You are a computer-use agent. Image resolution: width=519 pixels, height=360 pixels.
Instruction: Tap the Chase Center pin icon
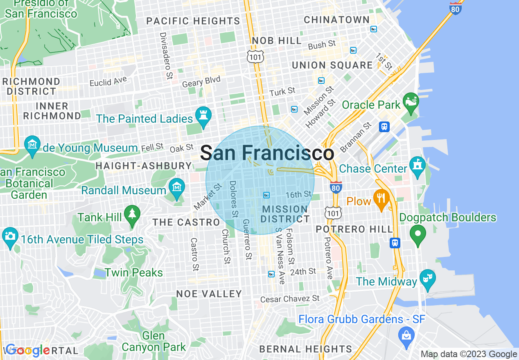pos(417,166)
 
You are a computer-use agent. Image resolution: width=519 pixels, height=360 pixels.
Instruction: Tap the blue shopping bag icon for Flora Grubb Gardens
pos(406,336)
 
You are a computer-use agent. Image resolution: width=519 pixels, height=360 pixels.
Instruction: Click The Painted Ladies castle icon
pos(203,116)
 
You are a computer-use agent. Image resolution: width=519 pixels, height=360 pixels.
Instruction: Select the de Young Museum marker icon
pos(32,145)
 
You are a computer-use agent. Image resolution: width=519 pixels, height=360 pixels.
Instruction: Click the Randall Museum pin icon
pos(176,188)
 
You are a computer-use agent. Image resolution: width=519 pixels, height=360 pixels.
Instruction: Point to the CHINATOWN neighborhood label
pos(336,20)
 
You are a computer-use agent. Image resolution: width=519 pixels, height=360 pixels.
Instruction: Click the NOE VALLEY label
pos(209,294)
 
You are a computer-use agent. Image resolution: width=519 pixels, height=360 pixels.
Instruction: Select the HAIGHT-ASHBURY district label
pos(143,166)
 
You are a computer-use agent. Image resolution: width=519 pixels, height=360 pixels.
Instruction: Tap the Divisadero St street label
pos(166,56)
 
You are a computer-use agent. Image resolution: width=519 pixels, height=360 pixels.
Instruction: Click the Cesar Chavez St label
pos(290,299)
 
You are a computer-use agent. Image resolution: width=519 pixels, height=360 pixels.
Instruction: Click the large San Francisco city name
pos(267,153)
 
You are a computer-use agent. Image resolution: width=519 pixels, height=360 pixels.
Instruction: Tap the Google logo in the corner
pos(28,351)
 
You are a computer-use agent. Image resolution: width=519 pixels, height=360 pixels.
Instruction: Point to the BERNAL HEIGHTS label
pos(306,349)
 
